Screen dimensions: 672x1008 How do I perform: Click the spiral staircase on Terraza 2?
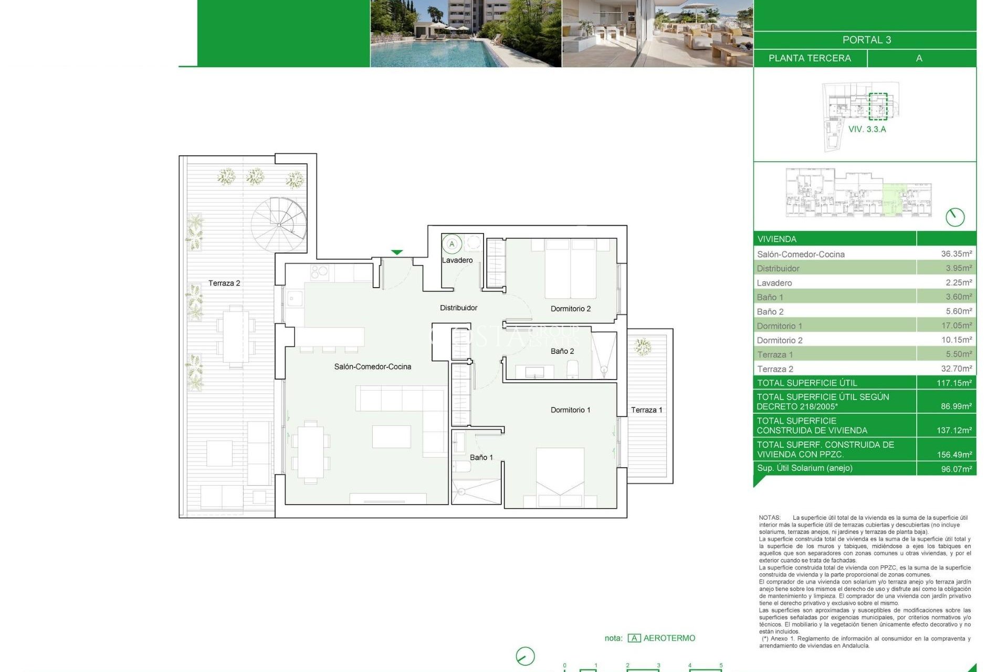click(278, 224)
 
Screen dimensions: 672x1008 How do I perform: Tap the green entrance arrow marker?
click(397, 253)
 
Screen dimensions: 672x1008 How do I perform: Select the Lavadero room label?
click(457, 260)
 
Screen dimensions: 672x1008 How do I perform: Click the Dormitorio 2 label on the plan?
click(570, 309)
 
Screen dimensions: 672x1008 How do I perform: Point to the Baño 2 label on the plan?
click(562, 351)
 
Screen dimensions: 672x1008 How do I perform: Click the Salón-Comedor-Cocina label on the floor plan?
click(372, 366)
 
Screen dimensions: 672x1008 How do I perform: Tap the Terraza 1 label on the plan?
click(646, 410)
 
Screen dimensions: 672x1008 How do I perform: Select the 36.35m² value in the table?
click(956, 254)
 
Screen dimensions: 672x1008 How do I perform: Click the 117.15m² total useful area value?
click(954, 383)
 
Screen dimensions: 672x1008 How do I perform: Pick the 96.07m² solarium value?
click(956, 469)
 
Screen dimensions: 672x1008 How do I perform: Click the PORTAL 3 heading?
click(866, 40)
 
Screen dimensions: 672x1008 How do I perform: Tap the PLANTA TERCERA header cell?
click(810, 58)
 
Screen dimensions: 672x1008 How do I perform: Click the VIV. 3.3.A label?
click(867, 129)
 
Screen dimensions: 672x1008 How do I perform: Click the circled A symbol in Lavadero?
click(451, 244)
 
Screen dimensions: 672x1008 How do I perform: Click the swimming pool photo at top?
click(466, 34)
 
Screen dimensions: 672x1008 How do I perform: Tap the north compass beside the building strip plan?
click(955, 217)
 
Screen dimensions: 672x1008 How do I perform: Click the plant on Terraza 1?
click(642, 347)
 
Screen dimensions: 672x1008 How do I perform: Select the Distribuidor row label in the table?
click(778, 268)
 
